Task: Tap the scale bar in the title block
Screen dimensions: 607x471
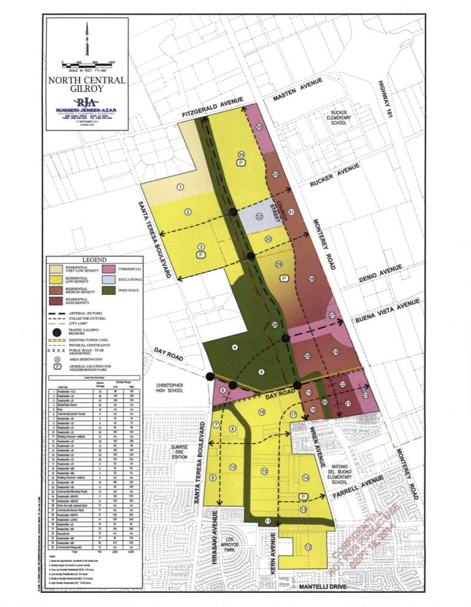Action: [x=87, y=64]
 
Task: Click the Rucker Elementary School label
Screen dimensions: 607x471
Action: [x=339, y=118]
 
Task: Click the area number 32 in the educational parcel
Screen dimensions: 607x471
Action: [x=259, y=216]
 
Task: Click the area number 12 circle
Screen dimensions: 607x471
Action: [x=308, y=547]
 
